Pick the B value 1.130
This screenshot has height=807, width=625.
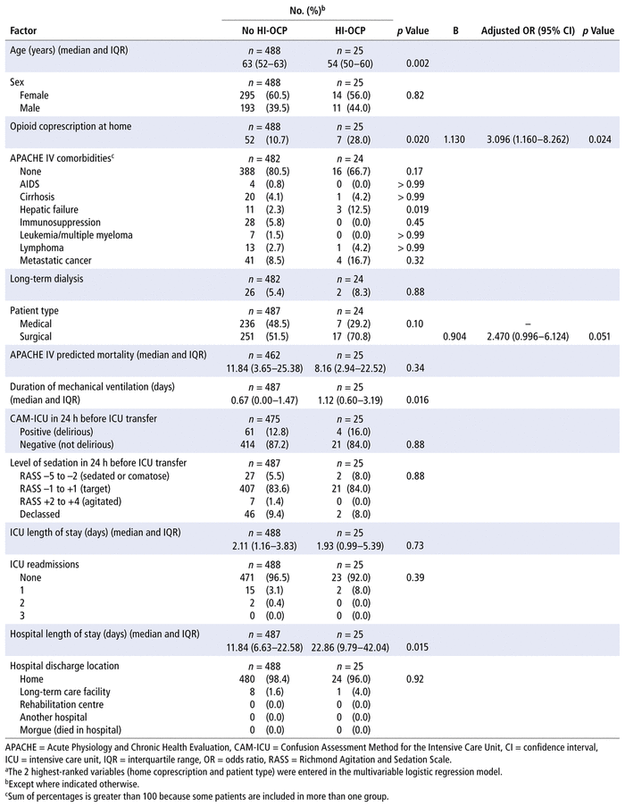tap(455, 139)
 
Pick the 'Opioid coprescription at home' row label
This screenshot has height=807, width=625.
tap(74, 127)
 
